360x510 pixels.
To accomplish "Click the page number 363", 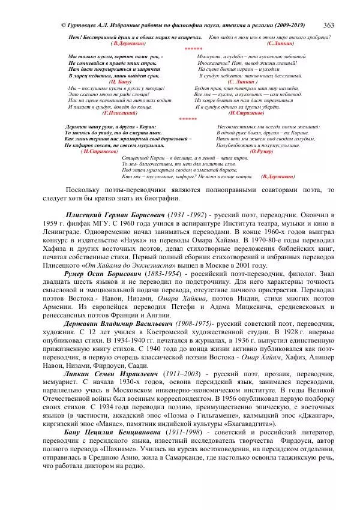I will pos(329,25).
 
